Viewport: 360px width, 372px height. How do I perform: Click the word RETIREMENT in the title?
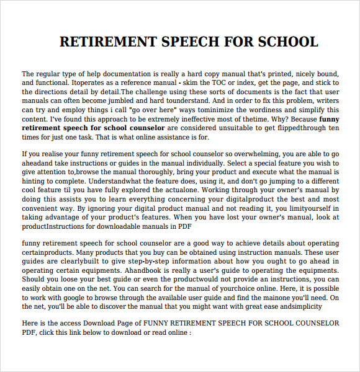coord(107,42)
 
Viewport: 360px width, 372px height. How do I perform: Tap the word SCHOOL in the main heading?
coord(285,42)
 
